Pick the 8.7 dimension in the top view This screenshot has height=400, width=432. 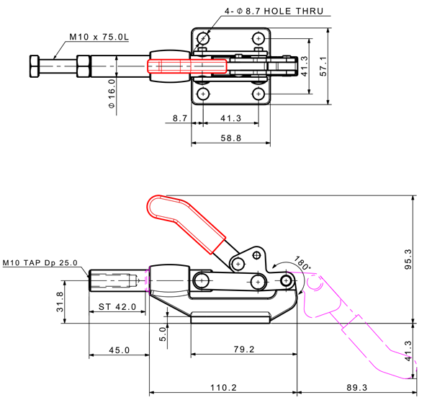click(179, 116)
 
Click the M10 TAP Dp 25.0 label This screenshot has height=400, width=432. click(40, 263)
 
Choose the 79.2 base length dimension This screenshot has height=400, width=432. click(245, 350)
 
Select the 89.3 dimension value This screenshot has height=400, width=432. click(357, 388)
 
